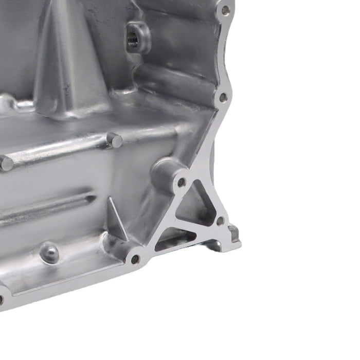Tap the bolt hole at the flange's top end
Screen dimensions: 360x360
[x=225, y=10]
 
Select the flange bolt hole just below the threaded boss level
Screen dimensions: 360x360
[x=223, y=97]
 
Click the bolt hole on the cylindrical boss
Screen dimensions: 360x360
[x=181, y=182]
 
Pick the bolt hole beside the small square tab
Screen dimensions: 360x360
[x=220, y=221]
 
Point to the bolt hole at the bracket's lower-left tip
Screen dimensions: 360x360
[x=135, y=259]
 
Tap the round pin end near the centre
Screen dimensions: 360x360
[x=115, y=140]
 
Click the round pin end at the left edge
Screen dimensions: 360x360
[x=6, y=164]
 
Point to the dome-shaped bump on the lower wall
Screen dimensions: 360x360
[x=49, y=253]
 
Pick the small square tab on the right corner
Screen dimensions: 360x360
[x=235, y=233]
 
